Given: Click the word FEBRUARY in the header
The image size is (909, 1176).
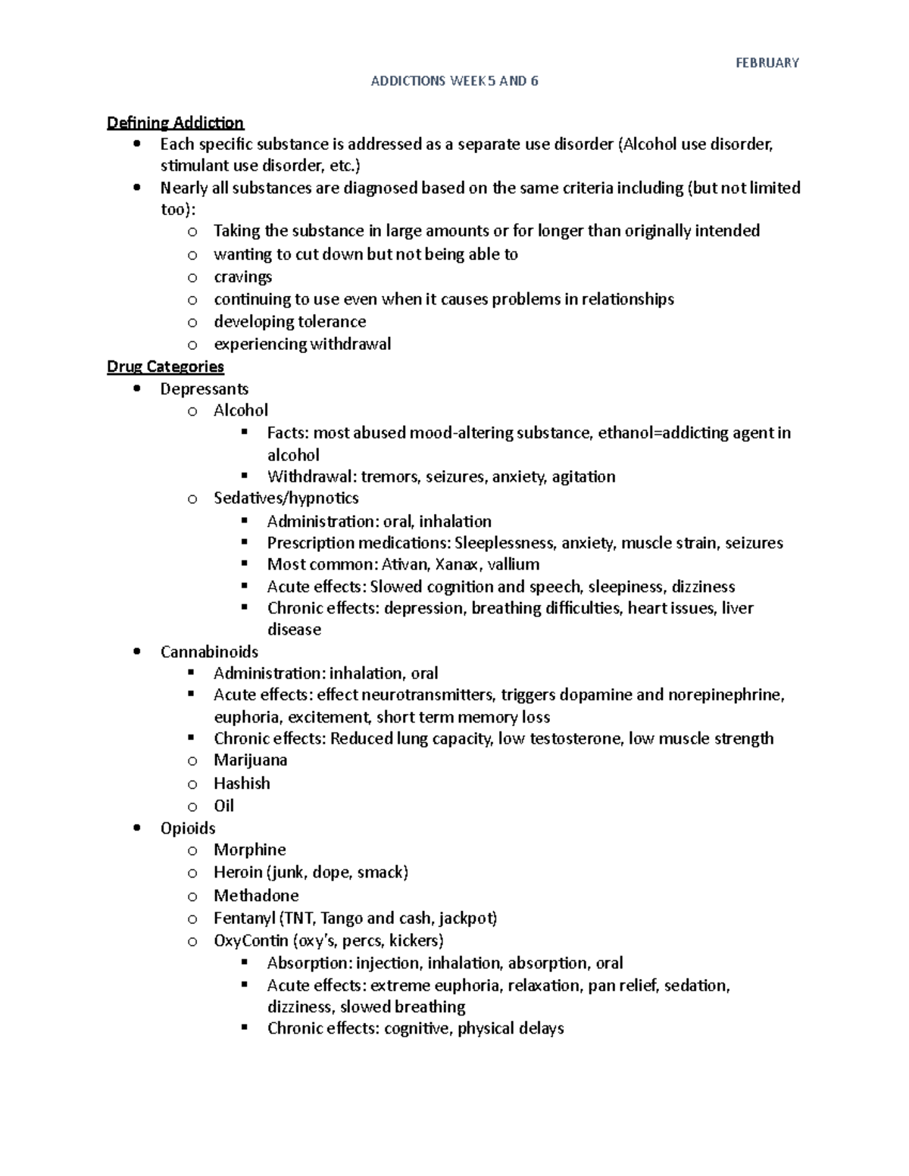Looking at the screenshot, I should [x=767, y=63].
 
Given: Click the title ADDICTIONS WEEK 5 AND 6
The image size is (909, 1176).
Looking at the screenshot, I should [x=454, y=81].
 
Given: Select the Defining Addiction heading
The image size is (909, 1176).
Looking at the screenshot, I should [x=175, y=123].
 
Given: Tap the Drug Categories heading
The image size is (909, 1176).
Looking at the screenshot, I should [x=165, y=367].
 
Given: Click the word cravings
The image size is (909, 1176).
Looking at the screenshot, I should [x=242, y=276].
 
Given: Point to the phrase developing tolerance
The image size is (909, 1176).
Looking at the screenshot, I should [x=289, y=321].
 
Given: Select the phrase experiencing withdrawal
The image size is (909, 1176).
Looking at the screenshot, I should [x=302, y=344].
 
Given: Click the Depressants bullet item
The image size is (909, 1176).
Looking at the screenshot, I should [x=204, y=388].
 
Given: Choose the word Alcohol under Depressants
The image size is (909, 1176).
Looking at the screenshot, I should [x=240, y=410].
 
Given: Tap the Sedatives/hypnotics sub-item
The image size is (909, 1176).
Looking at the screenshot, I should [x=286, y=498].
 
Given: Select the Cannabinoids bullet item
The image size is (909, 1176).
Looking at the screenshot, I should [x=209, y=651].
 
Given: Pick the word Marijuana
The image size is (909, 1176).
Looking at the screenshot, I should [x=250, y=760].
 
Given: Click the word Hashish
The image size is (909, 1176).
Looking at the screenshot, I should [x=242, y=783].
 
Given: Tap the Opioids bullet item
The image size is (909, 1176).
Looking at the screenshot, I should [x=188, y=828].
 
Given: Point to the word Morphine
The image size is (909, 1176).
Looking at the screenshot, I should [x=249, y=850].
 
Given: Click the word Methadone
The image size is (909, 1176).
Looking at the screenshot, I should [x=256, y=895].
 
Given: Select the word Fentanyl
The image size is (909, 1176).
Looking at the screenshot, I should [x=244, y=918].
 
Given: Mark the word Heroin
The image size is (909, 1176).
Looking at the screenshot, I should [x=237, y=872].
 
